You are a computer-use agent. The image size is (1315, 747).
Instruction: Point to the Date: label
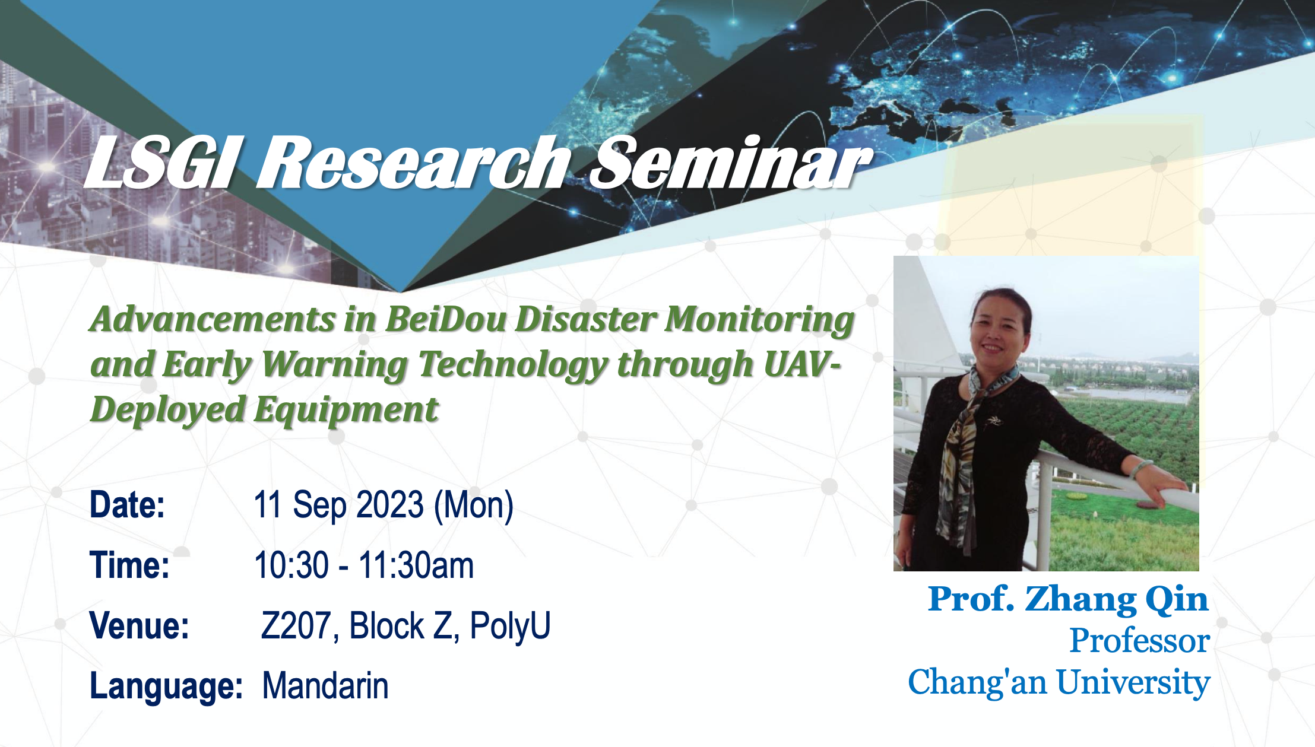pyautogui.click(x=127, y=505)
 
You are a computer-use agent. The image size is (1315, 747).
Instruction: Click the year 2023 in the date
pyautogui.click(x=390, y=505)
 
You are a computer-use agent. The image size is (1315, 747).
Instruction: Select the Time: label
pyautogui.click(x=129, y=565)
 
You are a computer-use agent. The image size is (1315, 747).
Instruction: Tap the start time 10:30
pyautogui.click(x=291, y=565)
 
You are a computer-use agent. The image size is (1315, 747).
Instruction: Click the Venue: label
pyautogui.click(x=140, y=625)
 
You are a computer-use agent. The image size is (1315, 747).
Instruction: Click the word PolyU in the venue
pyautogui.click(x=510, y=625)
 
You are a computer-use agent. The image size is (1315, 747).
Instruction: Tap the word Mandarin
pyautogui.click(x=325, y=686)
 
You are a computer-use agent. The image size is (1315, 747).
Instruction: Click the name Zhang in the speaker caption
pyautogui.click(x=1080, y=600)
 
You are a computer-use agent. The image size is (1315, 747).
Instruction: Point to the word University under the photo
pyautogui.click(x=1133, y=684)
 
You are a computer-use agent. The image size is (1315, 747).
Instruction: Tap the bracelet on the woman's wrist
pyautogui.click(x=1140, y=469)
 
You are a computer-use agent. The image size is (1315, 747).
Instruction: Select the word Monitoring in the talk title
pyautogui.click(x=759, y=321)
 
